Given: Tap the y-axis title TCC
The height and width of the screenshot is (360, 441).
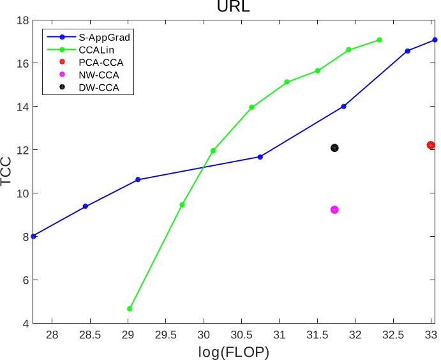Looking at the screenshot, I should pos(8,172).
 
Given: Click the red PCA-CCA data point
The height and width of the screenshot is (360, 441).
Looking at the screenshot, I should pos(431,145).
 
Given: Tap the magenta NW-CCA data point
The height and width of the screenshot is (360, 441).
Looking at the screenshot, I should pos(334,209).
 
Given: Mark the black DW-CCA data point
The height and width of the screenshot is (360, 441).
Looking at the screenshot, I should pos(334,147).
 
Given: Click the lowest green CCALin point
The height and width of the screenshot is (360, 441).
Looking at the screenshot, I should pos(130,308).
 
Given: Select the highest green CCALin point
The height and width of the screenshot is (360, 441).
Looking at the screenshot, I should pos(379,40).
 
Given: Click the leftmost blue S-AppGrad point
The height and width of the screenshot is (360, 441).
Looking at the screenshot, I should pos(33,236).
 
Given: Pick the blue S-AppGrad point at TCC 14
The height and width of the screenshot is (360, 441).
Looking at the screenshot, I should pos(343,106).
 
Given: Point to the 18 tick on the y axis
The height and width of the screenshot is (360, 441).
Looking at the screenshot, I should pos(23,20).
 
